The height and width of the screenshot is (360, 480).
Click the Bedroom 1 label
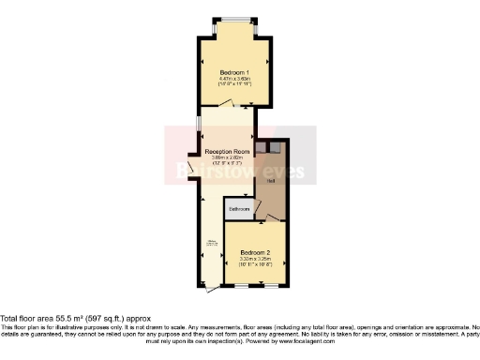[235, 71]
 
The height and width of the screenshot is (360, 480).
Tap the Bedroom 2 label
[255, 252]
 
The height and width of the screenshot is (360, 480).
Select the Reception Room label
[228, 151]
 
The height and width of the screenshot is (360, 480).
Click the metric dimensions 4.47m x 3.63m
[235, 78]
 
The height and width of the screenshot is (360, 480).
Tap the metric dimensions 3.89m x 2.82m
[228, 157]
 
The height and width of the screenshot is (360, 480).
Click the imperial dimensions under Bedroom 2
[255, 265]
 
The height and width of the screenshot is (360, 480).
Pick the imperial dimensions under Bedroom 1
[235, 84]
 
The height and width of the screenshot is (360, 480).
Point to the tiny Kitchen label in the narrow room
[210, 246]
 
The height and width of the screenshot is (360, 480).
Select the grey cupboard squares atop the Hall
[266, 146]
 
